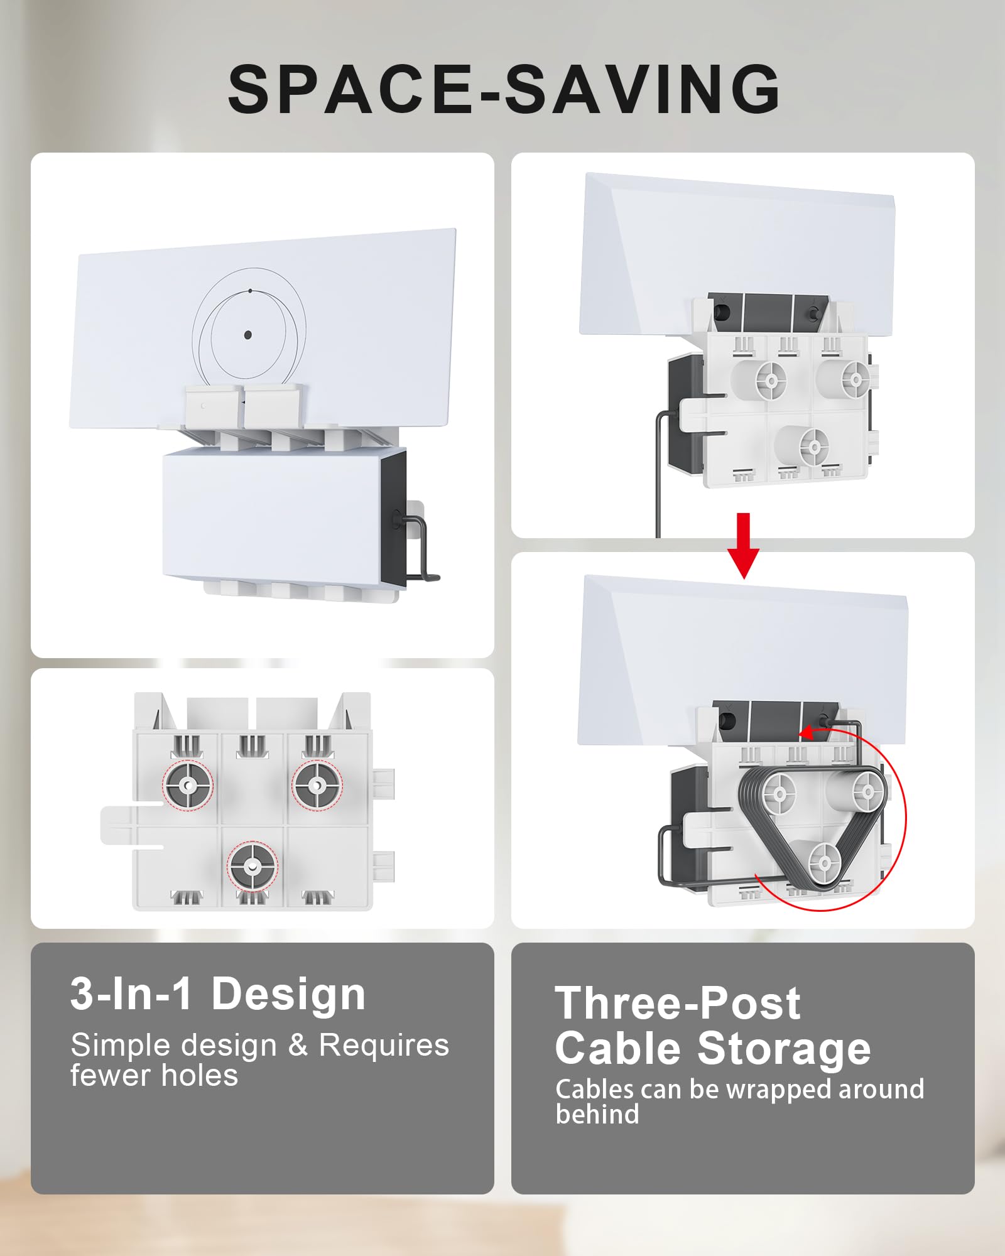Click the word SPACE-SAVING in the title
click(504, 89)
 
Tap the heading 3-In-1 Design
click(217, 994)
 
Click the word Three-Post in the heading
click(677, 1003)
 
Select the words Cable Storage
click(712, 1049)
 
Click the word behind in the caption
click(597, 1114)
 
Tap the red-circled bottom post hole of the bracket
click(252, 866)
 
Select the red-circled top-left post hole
click(188, 786)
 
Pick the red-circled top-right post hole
click(317, 785)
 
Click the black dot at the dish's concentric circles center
click(247, 335)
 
